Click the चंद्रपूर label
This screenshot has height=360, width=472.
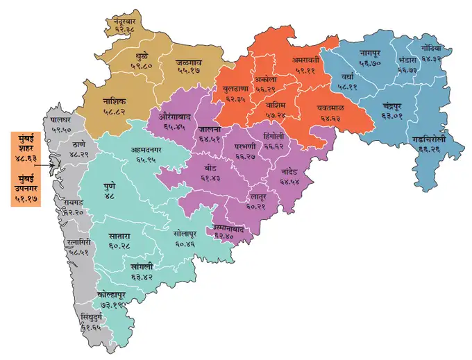pos(397,105)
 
